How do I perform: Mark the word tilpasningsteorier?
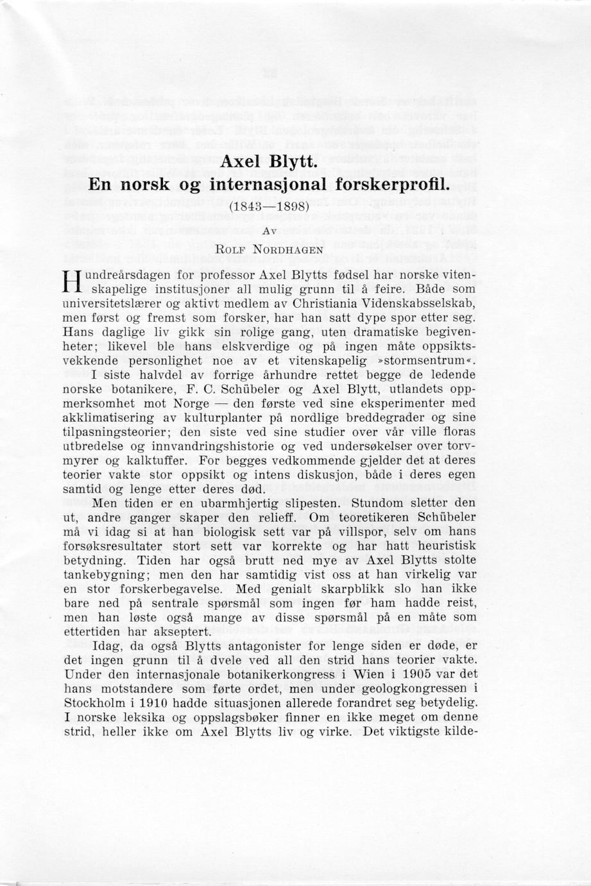click(x=117, y=432)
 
